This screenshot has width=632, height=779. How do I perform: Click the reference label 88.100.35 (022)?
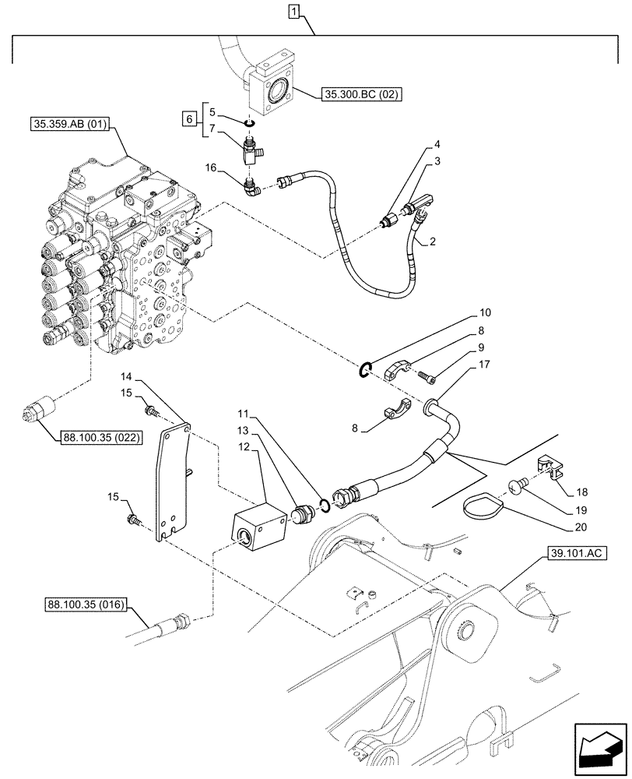pyautogui.click(x=99, y=437)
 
